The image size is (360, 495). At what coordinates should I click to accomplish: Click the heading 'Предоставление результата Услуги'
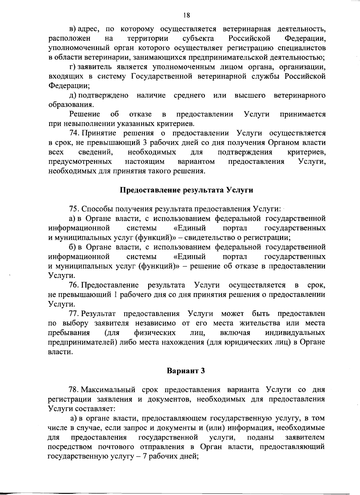coord(186,190)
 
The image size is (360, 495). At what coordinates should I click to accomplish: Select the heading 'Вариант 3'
coord(186,371)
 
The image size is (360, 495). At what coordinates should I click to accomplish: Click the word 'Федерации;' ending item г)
coord(69,86)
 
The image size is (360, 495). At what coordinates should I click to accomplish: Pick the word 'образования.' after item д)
coord(71,105)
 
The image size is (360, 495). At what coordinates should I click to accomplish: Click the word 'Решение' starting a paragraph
coord(85,114)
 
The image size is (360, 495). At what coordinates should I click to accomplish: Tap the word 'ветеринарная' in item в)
coord(247,29)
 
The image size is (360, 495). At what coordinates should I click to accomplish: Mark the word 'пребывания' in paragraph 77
coord(69,333)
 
